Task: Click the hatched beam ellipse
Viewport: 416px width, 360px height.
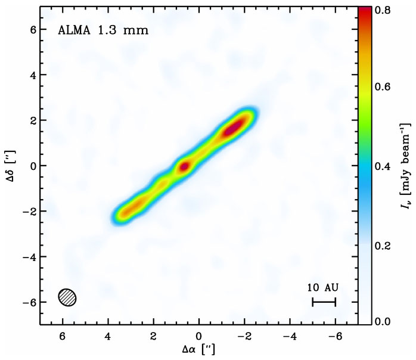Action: pyautogui.click(x=68, y=297)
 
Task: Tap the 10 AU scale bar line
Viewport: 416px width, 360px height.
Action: pyautogui.click(x=324, y=302)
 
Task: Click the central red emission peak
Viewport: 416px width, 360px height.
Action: pyautogui.click(x=185, y=166)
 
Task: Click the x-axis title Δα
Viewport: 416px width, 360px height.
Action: pyautogui.click(x=200, y=349)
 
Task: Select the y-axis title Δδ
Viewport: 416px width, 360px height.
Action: pyautogui.click(x=8, y=165)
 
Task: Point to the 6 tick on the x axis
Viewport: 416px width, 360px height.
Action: pyautogui.click(x=63, y=335)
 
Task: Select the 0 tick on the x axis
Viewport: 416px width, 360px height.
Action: pyautogui.click(x=199, y=335)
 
